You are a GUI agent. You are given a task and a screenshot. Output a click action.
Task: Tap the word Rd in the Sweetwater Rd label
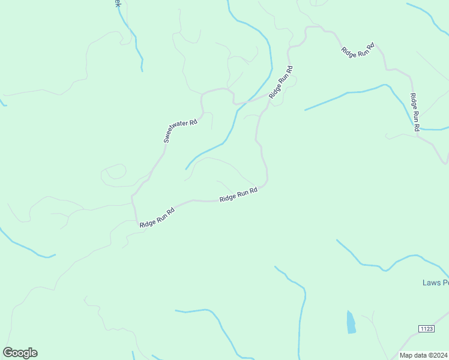[193, 122]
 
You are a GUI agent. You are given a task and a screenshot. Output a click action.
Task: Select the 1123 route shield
[426, 328]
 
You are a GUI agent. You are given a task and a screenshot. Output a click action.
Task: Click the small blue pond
[351, 322]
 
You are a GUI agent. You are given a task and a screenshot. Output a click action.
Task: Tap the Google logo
[20, 353]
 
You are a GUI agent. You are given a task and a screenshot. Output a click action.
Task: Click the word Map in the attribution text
[406, 355]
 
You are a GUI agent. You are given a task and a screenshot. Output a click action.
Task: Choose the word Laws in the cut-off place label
[432, 282]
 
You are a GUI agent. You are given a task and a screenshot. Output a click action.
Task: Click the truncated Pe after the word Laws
[445, 282]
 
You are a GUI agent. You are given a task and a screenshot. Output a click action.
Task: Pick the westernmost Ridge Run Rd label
[157, 217]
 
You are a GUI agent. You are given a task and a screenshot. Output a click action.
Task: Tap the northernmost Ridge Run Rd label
[358, 50]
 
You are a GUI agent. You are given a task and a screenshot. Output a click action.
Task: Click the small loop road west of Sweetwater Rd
[113, 174]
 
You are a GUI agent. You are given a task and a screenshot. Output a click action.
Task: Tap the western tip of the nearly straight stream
[305, 110]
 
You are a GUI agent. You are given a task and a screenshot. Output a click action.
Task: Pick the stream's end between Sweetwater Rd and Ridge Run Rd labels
[186, 169]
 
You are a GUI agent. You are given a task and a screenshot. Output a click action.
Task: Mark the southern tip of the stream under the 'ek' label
[142, 71]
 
